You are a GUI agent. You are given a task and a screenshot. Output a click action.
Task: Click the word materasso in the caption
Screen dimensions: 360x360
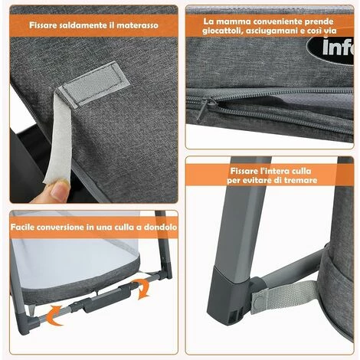click(137, 25)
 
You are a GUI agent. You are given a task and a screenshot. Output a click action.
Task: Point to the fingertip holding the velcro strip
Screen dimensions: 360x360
click(57, 191)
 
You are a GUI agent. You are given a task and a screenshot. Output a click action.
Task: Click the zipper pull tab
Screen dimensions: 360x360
click(208, 107)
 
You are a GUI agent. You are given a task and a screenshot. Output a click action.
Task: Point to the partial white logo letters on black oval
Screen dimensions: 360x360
click(338, 47)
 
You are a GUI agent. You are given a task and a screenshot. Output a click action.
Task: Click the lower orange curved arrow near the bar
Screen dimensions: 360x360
click(54, 315)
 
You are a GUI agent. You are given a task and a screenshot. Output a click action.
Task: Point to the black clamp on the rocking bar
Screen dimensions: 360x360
click(105, 300)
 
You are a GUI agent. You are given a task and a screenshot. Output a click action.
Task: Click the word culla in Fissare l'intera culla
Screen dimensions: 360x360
click(301, 171)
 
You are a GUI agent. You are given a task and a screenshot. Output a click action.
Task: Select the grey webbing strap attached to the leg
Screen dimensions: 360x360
click(283, 297)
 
